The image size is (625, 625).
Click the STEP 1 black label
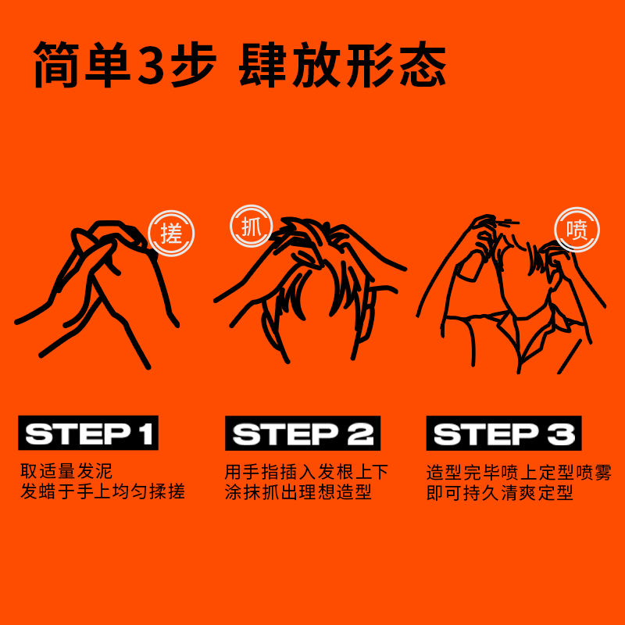click(88, 434)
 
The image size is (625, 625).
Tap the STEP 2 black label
click(302, 434)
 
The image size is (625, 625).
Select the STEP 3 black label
click(504, 434)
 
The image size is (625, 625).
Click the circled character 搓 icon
click(171, 232)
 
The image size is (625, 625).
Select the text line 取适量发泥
click(67, 472)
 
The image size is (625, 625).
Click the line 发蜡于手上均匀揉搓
click(102, 493)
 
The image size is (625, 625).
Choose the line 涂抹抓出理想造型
click(298, 493)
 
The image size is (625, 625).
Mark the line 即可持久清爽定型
click(500, 494)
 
